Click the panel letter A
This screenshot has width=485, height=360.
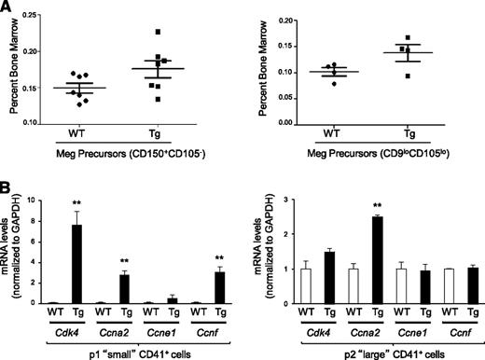8,8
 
